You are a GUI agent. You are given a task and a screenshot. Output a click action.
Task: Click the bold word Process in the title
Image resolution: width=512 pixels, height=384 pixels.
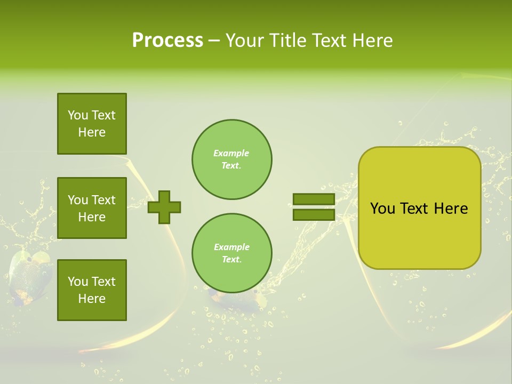(x=167, y=41)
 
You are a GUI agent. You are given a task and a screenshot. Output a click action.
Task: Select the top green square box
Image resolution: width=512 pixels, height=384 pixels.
(x=92, y=124)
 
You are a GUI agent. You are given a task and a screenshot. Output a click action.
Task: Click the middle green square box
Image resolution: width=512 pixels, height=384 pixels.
(x=92, y=208)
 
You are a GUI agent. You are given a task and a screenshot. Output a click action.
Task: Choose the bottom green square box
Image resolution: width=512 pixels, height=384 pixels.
(x=92, y=290)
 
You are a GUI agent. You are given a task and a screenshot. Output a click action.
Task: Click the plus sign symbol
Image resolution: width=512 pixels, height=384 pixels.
(x=164, y=207)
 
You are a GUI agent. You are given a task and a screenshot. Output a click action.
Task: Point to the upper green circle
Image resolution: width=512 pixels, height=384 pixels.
(x=232, y=159)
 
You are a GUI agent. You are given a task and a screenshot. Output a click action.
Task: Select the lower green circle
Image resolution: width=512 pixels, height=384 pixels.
(x=232, y=253)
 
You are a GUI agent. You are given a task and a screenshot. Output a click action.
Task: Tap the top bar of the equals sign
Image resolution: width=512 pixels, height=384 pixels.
(x=314, y=199)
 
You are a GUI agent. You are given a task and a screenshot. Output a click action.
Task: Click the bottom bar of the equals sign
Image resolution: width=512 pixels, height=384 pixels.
(x=314, y=214)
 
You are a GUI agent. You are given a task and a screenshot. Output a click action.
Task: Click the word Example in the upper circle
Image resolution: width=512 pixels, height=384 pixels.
(x=231, y=153)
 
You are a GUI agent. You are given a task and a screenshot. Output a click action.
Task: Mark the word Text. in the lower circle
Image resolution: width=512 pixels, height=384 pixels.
(x=231, y=260)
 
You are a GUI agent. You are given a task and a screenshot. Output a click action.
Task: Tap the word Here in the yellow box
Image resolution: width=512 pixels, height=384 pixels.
(x=451, y=209)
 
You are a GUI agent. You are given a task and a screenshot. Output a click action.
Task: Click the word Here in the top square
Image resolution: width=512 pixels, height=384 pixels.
(x=92, y=132)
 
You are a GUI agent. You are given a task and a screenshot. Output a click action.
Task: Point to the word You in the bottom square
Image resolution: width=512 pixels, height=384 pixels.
(x=78, y=282)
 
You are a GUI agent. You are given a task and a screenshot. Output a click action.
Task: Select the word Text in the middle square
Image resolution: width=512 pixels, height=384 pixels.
(x=103, y=200)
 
